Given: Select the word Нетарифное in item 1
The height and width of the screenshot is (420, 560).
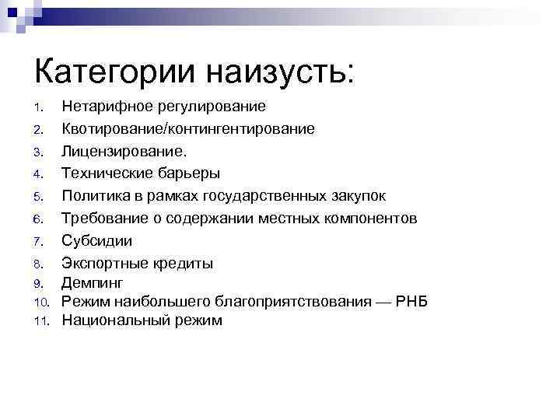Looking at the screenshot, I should pos(108,106).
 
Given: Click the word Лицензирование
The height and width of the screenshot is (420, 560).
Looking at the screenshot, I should pos(124,151).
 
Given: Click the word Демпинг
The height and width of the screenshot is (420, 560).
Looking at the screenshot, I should pos(93,283).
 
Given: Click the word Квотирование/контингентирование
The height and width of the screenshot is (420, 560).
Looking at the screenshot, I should pos(188,128).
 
